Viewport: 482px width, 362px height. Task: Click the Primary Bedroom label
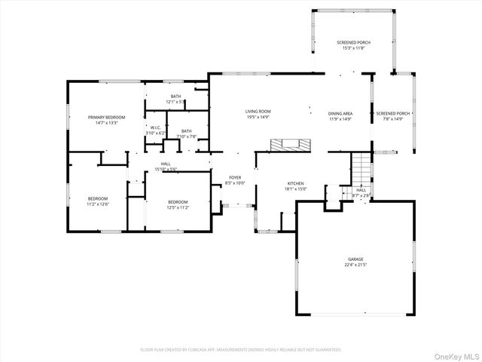[x=105, y=117]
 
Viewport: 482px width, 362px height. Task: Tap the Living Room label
[x=258, y=112]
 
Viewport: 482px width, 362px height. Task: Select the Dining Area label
[x=340, y=112]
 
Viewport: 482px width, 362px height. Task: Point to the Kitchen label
[x=294, y=183]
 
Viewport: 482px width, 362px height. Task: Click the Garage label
[x=355, y=258]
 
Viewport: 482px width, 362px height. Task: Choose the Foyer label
[x=235, y=177]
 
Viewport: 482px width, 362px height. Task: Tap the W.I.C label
[x=154, y=127]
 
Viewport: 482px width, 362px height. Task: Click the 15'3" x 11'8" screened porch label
[x=353, y=42]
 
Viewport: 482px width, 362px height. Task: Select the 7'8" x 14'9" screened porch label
[x=393, y=113]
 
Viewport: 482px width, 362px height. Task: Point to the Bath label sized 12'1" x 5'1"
[x=175, y=97]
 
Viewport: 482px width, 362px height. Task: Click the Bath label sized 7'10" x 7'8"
[x=185, y=131]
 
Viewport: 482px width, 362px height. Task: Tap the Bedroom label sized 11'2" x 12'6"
[x=99, y=198]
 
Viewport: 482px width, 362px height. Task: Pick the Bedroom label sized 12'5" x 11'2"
[x=178, y=201]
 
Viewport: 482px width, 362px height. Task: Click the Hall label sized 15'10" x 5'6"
[x=166, y=164]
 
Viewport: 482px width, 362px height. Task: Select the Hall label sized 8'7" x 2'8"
[x=361, y=190]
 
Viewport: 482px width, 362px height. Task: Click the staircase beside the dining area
[x=362, y=167]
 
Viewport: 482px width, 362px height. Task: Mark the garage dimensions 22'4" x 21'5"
[x=355, y=265]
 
